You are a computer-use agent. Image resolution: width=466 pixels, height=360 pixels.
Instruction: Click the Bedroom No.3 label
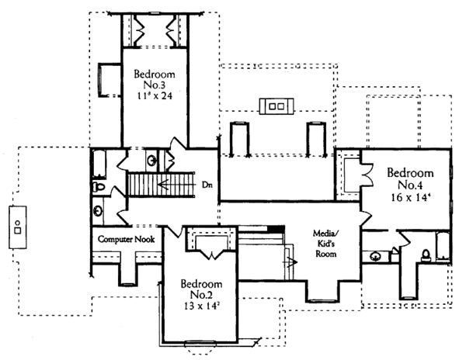155,79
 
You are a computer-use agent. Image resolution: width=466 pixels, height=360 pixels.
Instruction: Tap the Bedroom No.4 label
410,179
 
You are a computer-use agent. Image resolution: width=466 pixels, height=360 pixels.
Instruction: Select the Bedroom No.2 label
201,289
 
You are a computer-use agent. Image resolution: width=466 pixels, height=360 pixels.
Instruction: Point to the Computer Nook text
126,239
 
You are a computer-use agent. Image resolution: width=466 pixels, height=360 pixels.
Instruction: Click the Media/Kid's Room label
326,244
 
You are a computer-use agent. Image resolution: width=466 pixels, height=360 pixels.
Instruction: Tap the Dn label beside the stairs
207,185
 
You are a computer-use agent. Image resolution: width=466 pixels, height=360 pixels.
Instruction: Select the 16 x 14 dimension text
410,197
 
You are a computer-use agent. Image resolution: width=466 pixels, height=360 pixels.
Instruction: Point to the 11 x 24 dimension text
155,95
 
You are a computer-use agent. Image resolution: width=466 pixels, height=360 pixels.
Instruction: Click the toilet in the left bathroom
99,187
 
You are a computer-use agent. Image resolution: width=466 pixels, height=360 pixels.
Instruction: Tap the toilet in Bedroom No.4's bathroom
426,255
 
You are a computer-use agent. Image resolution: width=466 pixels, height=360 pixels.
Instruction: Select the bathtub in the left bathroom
99,164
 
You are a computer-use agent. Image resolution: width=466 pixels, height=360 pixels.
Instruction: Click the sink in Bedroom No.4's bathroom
375,256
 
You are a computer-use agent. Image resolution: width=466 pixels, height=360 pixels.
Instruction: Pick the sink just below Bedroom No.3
152,161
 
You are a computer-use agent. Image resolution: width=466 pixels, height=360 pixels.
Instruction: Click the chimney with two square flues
276,106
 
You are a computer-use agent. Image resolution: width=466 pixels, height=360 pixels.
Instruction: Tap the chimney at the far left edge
18,227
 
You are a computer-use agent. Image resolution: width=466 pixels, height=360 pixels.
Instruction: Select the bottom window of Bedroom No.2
200,343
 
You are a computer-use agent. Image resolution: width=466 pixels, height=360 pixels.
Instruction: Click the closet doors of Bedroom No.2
211,254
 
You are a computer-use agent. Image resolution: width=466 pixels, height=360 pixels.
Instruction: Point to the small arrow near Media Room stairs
290,262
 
